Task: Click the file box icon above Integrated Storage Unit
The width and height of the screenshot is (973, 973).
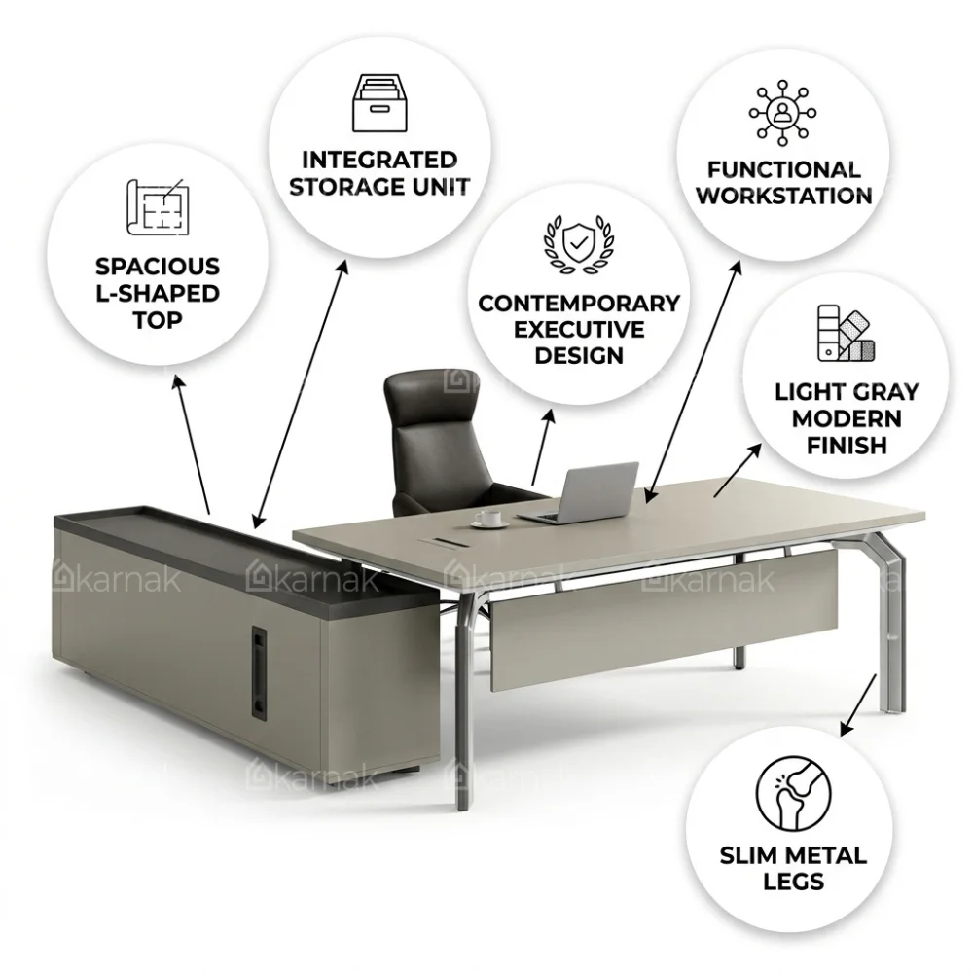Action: tap(379, 103)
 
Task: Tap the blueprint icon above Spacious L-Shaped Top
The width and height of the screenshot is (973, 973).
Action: tap(158, 207)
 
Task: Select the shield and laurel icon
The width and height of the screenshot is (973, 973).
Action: tap(578, 244)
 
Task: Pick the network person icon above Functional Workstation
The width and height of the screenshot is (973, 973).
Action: tap(782, 112)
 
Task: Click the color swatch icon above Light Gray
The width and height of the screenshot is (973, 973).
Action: tap(846, 333)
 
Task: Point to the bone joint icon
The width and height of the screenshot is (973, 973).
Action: tap(793, 793)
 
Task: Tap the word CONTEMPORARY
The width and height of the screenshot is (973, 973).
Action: tap(579, 304)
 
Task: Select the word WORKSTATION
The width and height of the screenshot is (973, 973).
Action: tap(783, 197)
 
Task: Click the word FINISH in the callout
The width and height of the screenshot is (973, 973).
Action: tap(847, 446)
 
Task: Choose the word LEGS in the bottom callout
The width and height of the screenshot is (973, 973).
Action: tap(793, 882)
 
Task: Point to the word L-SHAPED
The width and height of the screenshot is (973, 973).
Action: tap(158, 294)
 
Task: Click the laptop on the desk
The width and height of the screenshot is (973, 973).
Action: tap(580, 492)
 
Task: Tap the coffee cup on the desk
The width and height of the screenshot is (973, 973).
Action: tap(489, 519)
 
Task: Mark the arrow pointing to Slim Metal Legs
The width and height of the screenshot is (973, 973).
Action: tap(858, 705)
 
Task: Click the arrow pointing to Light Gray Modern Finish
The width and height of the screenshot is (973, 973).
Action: tap(738, 470)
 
